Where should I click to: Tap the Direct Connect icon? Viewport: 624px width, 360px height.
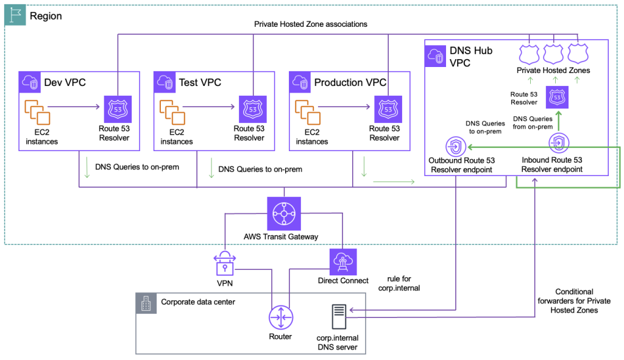(x=343, y=261)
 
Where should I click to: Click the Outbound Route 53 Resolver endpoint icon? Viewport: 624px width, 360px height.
(x=456, y=146)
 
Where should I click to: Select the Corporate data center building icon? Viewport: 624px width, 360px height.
(x=146, y=303)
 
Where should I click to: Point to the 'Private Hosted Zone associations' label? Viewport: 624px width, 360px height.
(x=310, y=24)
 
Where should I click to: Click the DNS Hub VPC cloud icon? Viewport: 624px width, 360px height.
(x=436, y=56)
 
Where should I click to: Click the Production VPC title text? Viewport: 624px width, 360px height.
(x=350, y=82)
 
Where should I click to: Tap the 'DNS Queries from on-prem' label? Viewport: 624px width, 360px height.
(x=533, y=122)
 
